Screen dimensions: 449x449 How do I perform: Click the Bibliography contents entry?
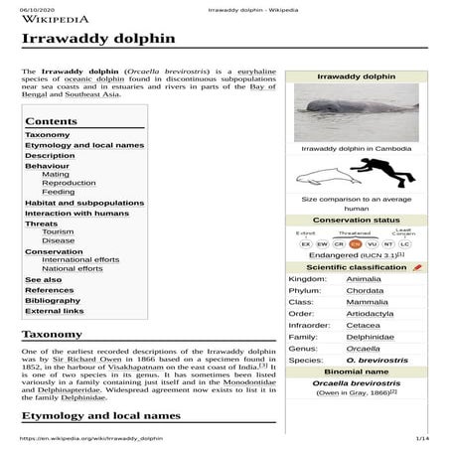(53, 299)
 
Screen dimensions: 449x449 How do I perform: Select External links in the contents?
(55, 310)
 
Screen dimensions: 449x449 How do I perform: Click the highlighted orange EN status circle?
(355, 242)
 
